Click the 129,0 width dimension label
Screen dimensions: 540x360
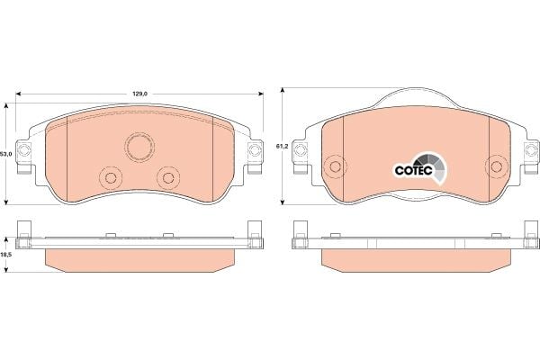(x=140, y=94)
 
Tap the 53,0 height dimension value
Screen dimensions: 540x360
(x=6, y=154)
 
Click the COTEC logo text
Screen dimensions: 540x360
(x=413, y=170)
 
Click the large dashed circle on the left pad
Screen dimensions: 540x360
(x=139, y=147)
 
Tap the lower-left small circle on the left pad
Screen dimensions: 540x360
(x=111, y=178)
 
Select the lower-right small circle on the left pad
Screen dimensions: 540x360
(x=168, y=178)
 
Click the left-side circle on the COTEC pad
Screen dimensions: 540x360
(x=335, y=166)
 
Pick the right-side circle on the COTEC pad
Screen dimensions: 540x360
(x=496, y=166)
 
